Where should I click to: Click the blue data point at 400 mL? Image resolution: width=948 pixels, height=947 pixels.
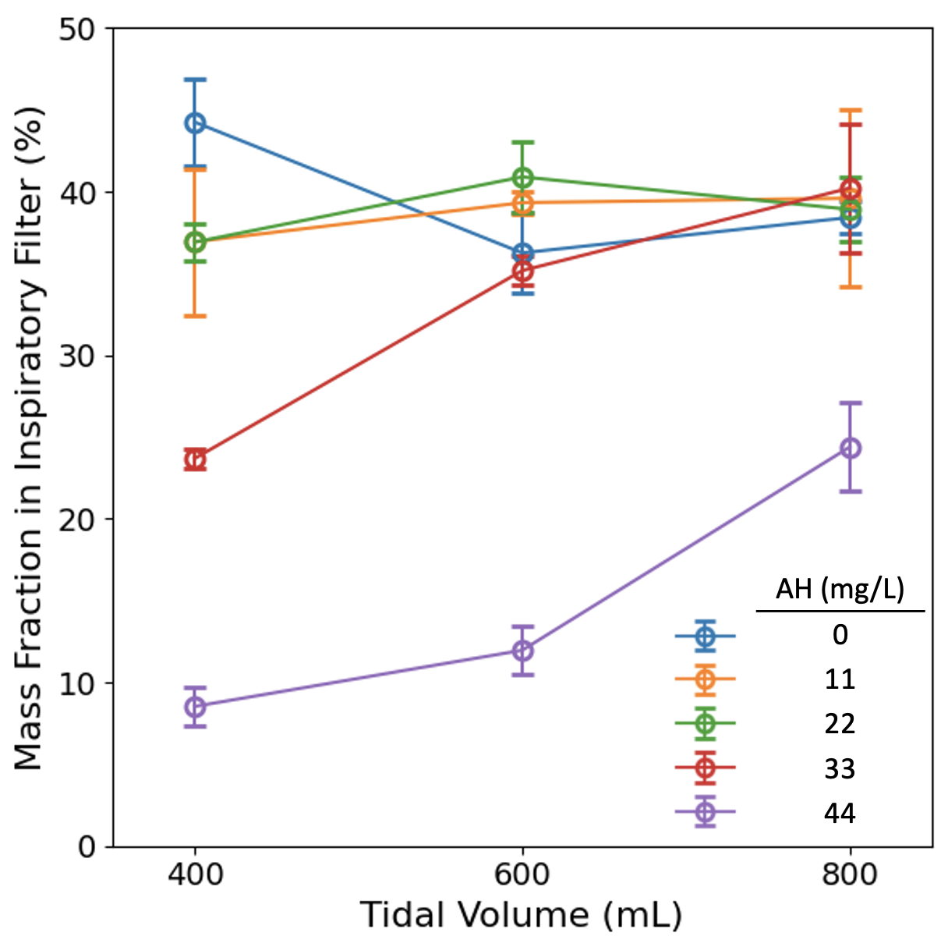point(195,123)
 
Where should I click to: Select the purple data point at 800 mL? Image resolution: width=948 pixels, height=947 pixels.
point(850,448)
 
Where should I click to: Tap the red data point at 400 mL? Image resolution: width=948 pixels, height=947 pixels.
point(195,459)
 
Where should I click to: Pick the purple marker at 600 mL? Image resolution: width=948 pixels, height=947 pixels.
point(522,651)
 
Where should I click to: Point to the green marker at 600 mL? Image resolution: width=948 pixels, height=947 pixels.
point(522,177)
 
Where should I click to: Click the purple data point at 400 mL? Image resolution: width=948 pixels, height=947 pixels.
point(195,707)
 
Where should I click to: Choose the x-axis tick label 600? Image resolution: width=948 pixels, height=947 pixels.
point(522,874)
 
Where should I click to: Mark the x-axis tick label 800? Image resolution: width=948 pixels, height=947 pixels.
point(850,874)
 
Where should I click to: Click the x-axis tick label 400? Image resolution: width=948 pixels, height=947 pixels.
point(195,874)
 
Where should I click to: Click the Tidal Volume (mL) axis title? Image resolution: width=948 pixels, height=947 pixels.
point(521,915)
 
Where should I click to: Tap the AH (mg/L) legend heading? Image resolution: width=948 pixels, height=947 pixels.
point(840,589)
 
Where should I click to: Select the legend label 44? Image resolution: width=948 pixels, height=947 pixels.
point(840,814)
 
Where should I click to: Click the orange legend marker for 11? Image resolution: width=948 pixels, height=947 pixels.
point(705,679)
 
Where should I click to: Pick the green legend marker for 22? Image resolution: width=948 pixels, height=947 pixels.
point(705,724)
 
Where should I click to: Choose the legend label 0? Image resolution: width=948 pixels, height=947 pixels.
point(840,634)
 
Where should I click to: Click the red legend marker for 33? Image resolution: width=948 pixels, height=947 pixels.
point(705,768)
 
